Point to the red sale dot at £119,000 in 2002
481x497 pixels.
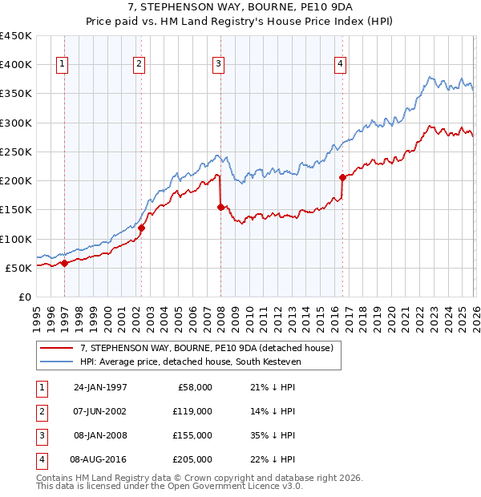point(141,228)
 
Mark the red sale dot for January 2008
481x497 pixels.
point(220,207)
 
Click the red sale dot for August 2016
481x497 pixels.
point(342,177)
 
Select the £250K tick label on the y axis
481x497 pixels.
point(16,152)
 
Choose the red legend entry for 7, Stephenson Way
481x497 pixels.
point(211,347)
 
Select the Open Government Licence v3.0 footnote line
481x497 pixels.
point(170,486)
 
